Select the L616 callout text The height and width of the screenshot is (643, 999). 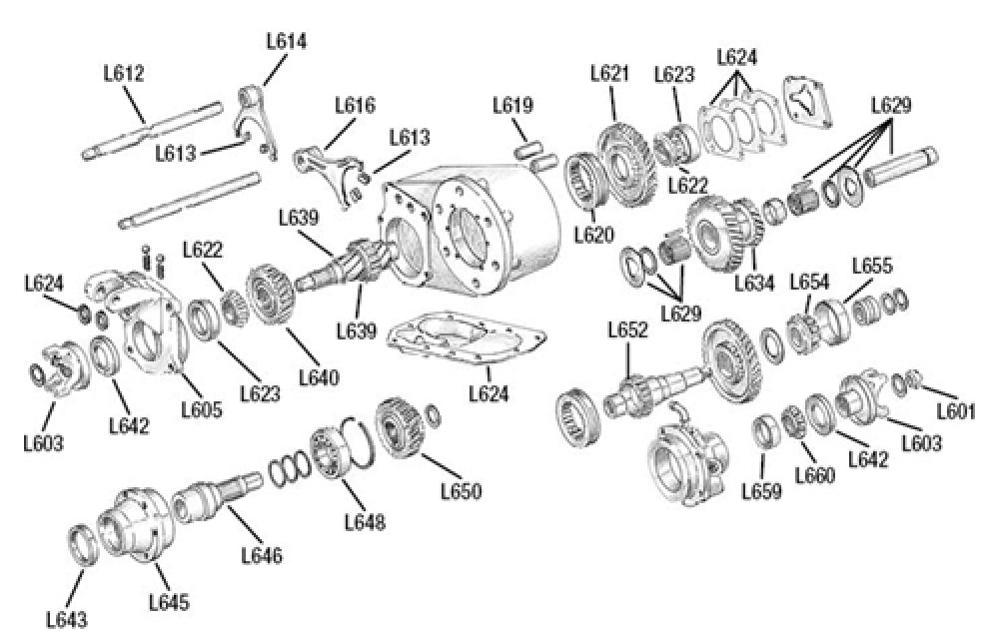coord(355,105)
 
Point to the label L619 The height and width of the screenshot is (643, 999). coord(512,105)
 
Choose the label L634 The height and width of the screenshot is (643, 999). coord(754,283)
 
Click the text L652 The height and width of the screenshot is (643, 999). coord(628,328)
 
